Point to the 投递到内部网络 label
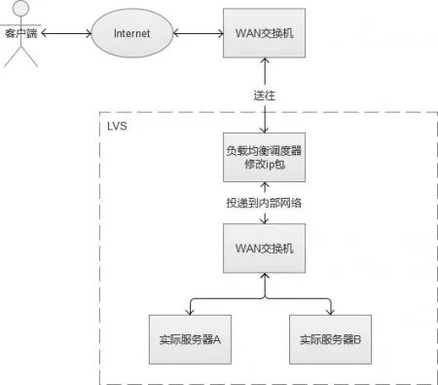[263, 202]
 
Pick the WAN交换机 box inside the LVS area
[263, 249]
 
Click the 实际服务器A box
[190, 339]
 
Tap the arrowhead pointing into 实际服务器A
[190, 311]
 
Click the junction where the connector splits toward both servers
[263, 295]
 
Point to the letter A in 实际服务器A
[219, 339]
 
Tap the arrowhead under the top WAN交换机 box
[263, 66]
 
